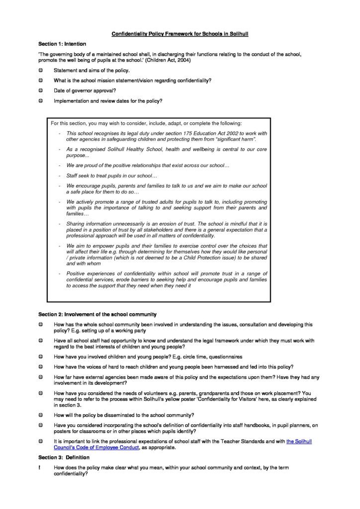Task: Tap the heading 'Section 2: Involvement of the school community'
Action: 97,314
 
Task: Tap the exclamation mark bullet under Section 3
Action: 40,468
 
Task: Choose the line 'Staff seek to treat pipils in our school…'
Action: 111,176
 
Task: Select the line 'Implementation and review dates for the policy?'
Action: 108,100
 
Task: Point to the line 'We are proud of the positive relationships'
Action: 148,165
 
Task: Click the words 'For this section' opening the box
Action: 68,123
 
